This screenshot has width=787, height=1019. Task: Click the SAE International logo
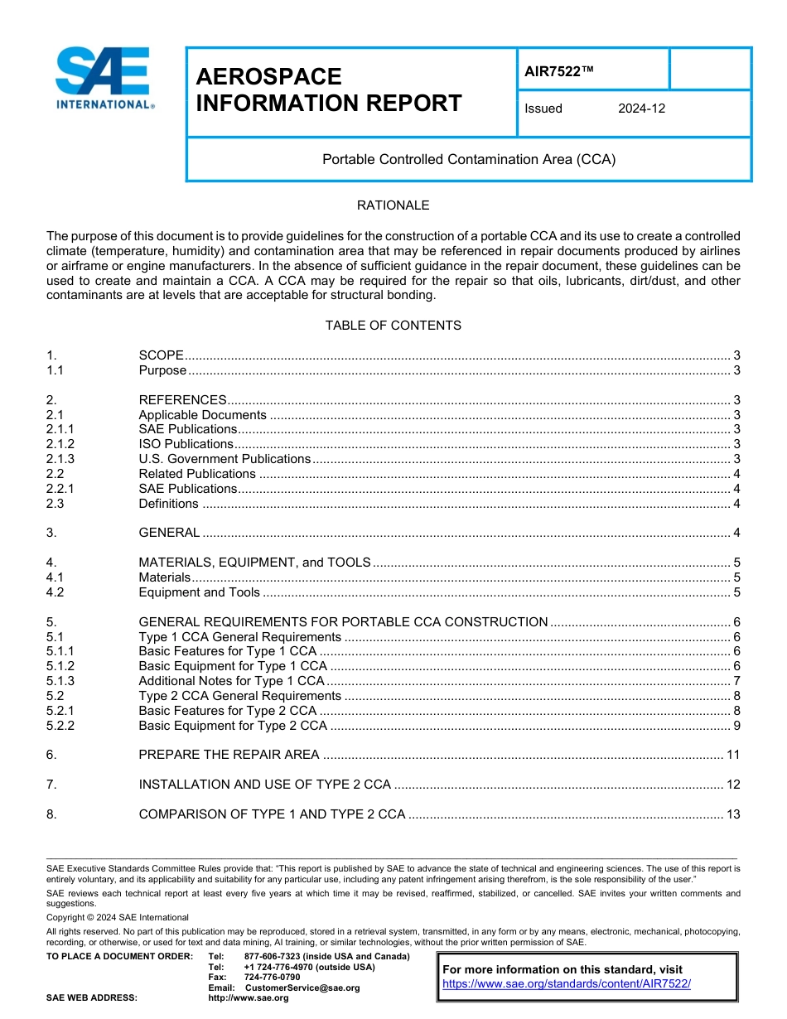[103, 79]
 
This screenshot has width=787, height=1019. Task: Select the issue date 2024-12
[641, 109]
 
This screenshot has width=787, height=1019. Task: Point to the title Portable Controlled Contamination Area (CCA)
[469, 159]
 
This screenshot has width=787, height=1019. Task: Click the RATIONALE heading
[393, 205]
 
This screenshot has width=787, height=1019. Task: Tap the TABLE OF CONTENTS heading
[393, 326]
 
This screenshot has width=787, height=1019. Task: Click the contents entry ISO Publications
[186, 444]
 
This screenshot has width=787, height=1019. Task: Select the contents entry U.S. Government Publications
[225, 459]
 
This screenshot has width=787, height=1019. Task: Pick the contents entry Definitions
[168, 504]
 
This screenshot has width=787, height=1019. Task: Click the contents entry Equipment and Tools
[199, 592]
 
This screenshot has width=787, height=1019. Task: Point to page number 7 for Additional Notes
[736, 681]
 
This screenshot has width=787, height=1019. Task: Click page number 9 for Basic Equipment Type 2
[736, 726]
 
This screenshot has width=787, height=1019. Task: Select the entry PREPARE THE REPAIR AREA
[229, 755]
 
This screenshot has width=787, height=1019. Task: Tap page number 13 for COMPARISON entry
[732, 814]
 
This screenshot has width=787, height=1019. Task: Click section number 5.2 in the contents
[56, 696]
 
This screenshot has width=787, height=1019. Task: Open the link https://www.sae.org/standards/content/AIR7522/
[567, 984]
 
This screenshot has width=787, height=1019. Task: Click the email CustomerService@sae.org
[302, 988]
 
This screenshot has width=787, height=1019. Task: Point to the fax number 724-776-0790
[272, 978]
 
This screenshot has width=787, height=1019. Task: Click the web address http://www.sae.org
[248, 997]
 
